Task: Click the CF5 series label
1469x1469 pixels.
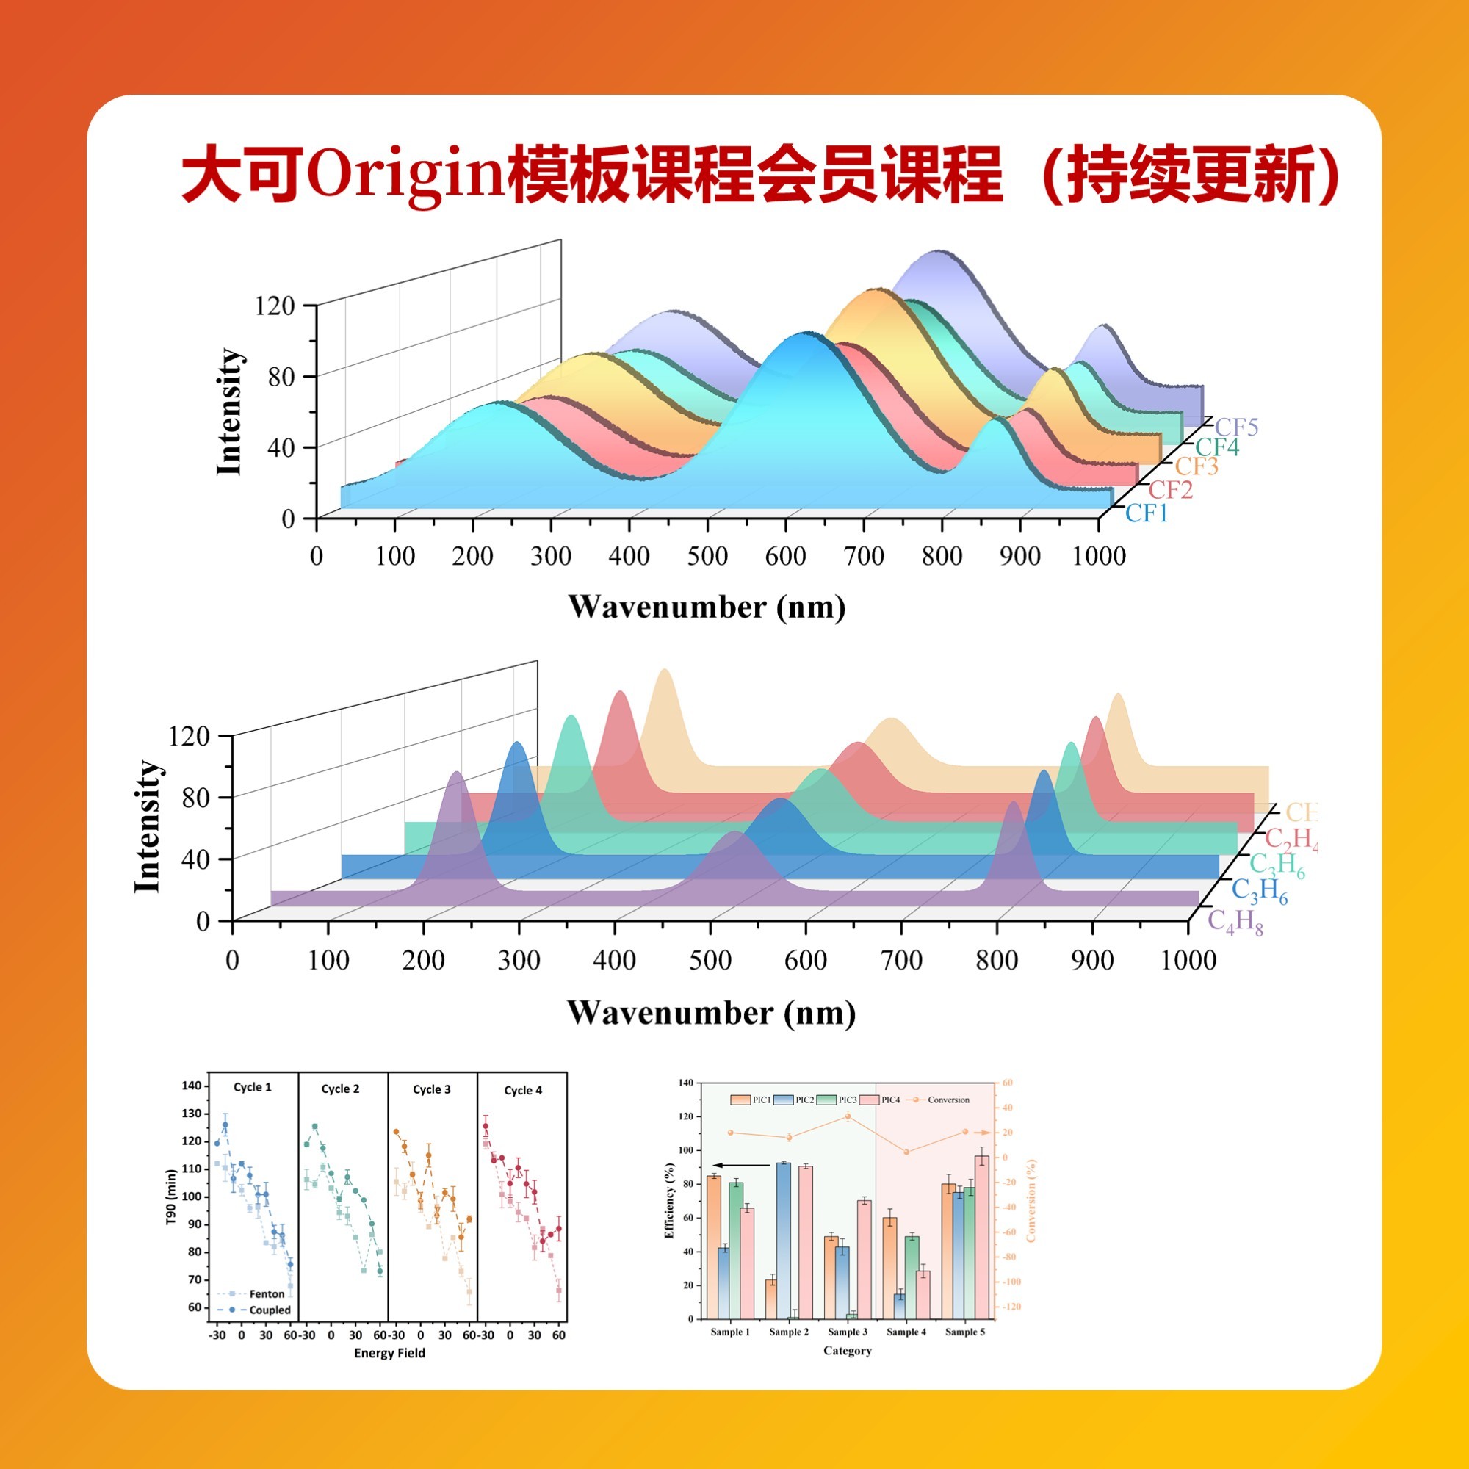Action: click(1236, 427)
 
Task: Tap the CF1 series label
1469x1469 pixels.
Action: click(1147, 514)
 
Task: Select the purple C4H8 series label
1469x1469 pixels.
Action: click(1235, 923)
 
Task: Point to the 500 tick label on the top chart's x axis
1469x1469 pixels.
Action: click(707, 557)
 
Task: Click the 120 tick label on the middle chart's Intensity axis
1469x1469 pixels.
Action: click(187, 735)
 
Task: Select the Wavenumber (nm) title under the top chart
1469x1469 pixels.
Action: click(707, 607)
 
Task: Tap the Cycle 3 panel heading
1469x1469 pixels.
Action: click(432, 1089)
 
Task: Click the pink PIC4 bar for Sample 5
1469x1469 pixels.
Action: click(981, 1236)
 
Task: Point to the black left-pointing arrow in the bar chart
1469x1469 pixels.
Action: click(741, 1166)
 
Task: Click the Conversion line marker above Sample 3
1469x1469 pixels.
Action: click(848, 1116)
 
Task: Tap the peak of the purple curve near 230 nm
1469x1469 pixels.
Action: click(456, 774)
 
